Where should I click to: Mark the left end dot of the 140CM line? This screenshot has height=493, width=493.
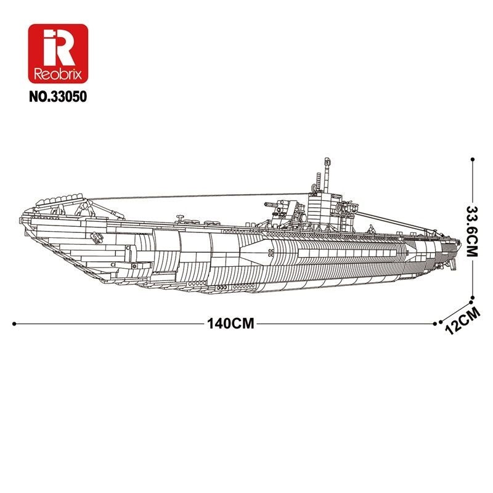coord(14,323)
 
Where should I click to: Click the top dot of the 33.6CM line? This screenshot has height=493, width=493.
coord(472,160)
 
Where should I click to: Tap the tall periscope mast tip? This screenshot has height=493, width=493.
coord(324,161)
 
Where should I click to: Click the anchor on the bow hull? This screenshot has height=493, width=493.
coord(96,237)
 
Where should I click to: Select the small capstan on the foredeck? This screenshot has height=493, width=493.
coord(179,217)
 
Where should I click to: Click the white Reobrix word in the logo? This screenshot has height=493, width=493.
coord(59,73)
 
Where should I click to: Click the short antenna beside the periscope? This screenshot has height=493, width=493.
coord(314,182)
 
